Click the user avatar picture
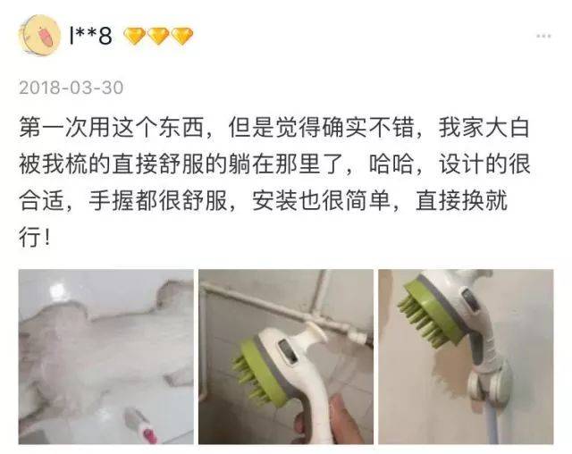pyautogui.click(x=39, y=36)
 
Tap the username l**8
pyautogui.click(x=90, y=36)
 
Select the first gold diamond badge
pyautogui.click(x=135, y=36)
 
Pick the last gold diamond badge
pyautogui.click(x=182, y=36)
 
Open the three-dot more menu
pyautogui.click(x=543, y=36)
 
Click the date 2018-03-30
pyautogui.click(x=71, y=88)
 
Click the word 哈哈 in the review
pyautogui.click(x=391, y=164)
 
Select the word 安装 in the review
pyautogui.click(x=275, y=200)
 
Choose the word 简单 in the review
pyautogui.click(x=367, y=200)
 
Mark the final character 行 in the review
pyautogui.click(x=29, y=237)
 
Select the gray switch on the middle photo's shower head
pyautogui.click(x=288, y=351)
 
